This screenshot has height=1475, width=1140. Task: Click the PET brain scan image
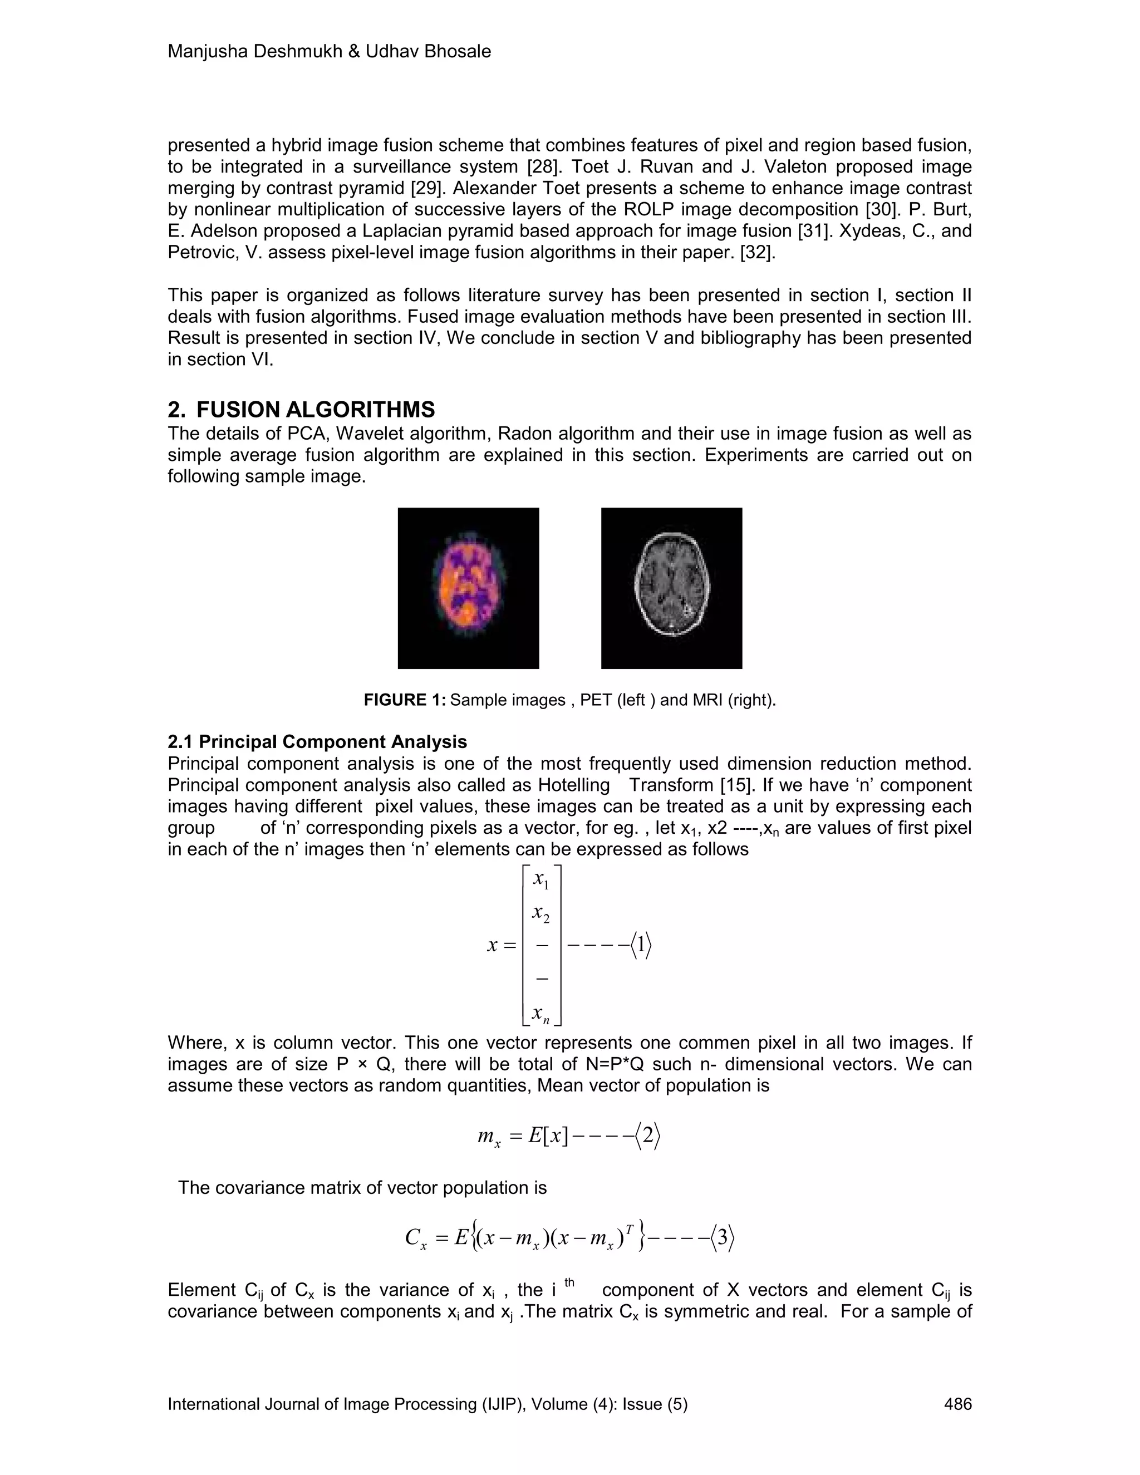[x=468, y=588]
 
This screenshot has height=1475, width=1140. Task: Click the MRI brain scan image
[x=671, y=588]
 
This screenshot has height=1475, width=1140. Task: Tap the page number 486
[x=957, y=1404]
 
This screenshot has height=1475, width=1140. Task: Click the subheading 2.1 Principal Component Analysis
[x=317, y=741]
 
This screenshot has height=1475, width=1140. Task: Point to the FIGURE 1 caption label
[x=405, y=700]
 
